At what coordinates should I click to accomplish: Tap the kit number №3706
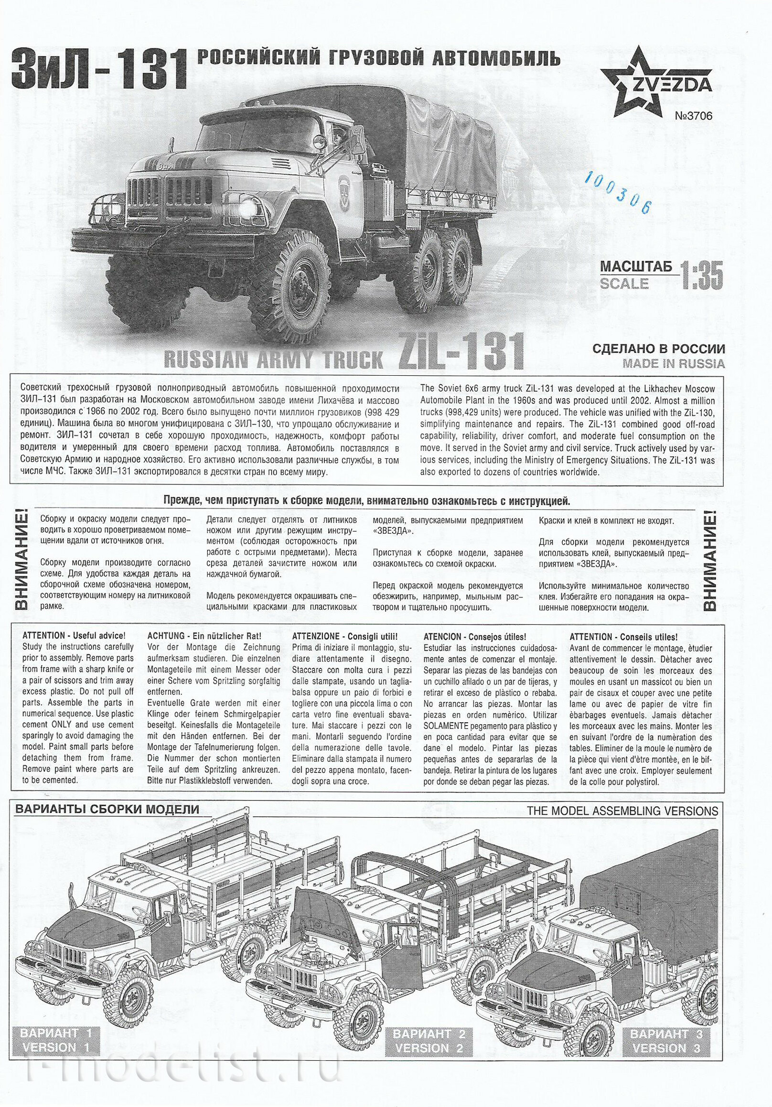click(691, 116)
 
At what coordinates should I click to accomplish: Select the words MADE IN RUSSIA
click(674, 364)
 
